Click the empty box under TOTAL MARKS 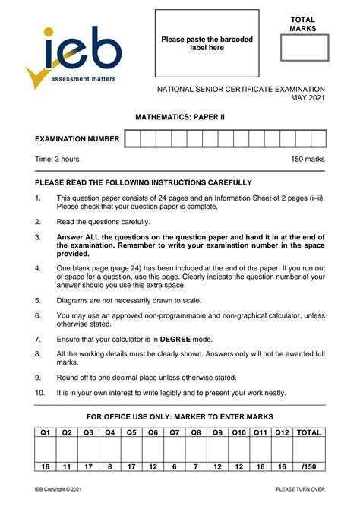(304, 47)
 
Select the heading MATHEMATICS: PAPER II (180, 118)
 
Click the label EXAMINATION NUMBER (77, 139)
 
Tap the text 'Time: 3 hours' (57, 160)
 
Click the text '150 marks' (308, 160)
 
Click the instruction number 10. (39, 393)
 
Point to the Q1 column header (45, 433)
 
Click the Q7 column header (175, 433)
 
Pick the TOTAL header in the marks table (309, 433)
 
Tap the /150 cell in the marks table (309, 466)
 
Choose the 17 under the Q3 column (88, 466)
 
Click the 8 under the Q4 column (110, 466)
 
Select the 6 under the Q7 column (175, 466)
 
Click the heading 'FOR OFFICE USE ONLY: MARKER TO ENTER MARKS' (180, 417)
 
